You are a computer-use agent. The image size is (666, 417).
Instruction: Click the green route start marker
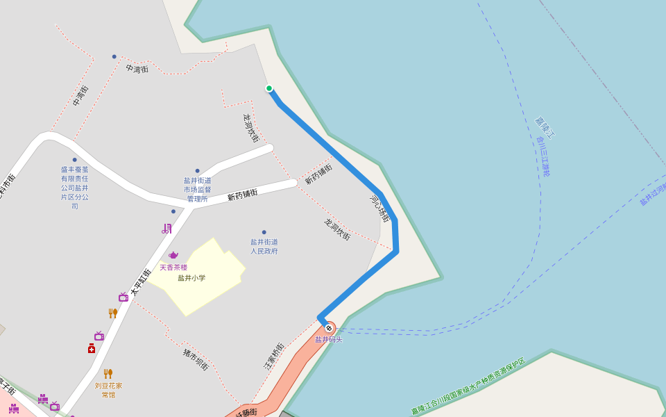pyautogui.click(x=269, y=88)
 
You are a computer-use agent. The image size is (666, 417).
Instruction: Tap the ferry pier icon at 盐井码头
pyautogui.click(x=329, y=328)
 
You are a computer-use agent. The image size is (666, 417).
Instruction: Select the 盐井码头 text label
pyautogui.click(x=329, y=340)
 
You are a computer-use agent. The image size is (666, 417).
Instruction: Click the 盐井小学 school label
pyautogui.click(x=191, y=278)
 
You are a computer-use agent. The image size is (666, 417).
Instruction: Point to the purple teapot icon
pyautogui.click(x=173, y=255)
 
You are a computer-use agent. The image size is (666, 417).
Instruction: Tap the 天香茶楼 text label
pyautogui.click(x=173, y=268)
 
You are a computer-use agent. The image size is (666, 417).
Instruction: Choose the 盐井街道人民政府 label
pyautogui.click(x=264, y=246)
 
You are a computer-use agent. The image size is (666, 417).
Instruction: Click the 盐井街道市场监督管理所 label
pyautogui.click(x=198, y=189)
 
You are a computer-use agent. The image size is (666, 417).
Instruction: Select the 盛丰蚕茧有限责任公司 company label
pyautogui.click(x=75, y=187)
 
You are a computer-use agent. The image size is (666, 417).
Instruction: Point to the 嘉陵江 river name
pyautogui.click(x=545, y=127)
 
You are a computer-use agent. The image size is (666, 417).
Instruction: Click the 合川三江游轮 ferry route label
pyautogui.click(x=543, y=156)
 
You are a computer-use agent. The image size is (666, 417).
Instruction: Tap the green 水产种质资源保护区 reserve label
pyautogui.click(x=469, y=386)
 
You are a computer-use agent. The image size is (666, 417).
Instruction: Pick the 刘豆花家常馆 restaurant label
pyautogui.click(x=108, y=390)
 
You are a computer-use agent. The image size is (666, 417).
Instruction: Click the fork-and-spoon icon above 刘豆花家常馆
pyautogui.click(x=108, y=374)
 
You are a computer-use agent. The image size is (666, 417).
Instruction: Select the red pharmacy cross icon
pyautogui.click(x=92, y=348)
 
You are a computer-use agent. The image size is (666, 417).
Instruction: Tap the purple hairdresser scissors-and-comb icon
pyautogui.click(x=166, y=228)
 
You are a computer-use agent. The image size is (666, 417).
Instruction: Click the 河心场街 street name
pyautogui.click(x=380, y=208)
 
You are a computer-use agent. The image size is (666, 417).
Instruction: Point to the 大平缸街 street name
pyautogui.click(x=141, y=281)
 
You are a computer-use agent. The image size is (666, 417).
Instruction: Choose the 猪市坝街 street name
pyautogui.click(x=196, y=359)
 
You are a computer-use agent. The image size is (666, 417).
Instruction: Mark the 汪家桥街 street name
pyautogui.click(x=274, y=355)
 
